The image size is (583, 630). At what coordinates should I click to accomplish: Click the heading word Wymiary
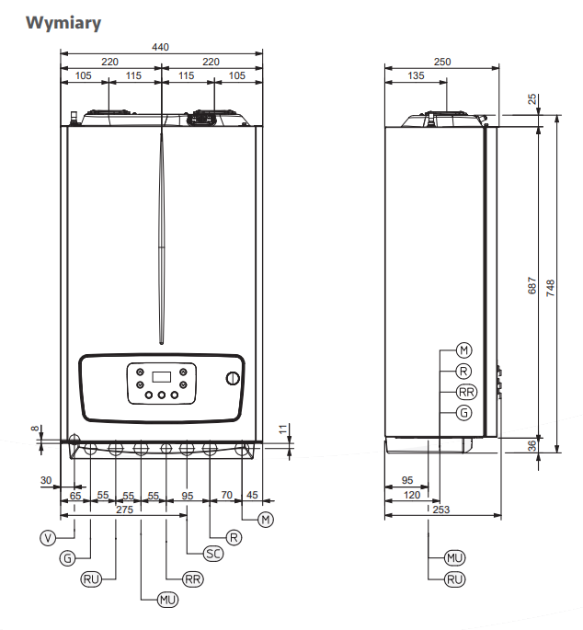[63, 23]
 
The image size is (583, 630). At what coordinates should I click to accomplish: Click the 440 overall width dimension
[160, 47]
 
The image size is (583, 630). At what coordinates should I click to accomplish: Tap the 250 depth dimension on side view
[442, 62]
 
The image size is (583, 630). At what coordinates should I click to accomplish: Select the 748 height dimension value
[551, 288]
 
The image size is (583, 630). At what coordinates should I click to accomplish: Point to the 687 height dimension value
[532, 285]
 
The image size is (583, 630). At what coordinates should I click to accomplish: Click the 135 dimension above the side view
[416, 75]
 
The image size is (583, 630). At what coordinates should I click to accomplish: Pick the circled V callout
[48, 538]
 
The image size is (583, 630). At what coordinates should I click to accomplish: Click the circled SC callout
[213, 554]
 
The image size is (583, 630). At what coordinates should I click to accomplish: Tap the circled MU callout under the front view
[167, 600]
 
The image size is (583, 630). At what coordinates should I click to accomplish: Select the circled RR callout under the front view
[193, 579]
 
